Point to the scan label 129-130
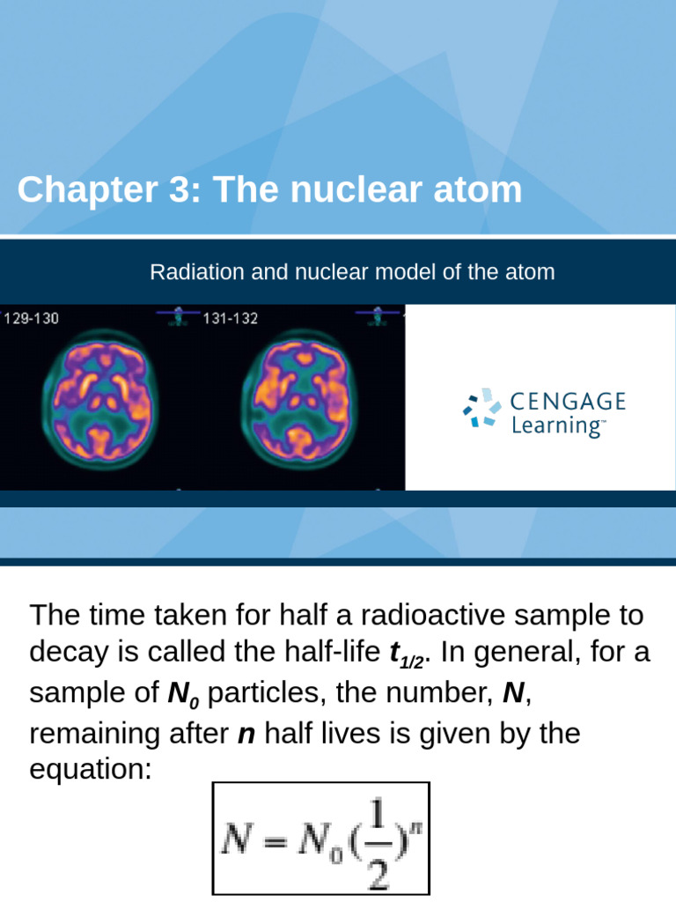click(x=32, y=319)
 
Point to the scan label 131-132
click(x=231, y=319)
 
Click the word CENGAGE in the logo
click(x=569, y=403)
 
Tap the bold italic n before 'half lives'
click(x=246, y=734)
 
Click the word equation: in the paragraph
click(x=91, y=770)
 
